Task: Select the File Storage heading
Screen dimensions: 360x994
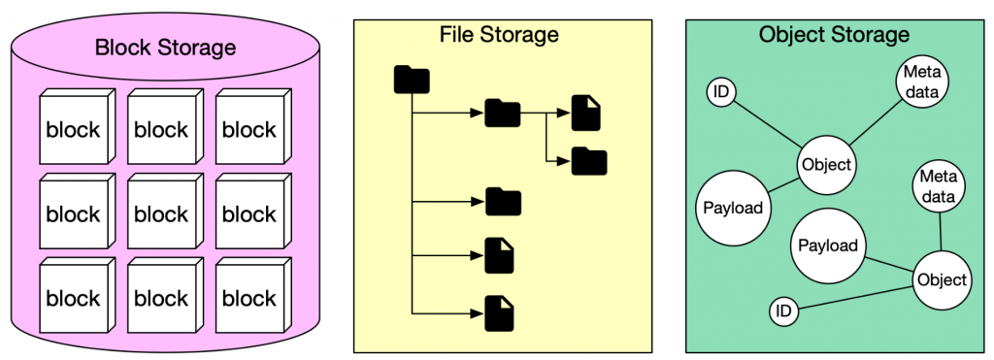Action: pos(499,35)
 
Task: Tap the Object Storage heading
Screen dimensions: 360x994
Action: pos(833,35)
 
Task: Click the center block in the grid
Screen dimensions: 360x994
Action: pos(160,213)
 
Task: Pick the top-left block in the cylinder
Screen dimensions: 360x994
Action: pos(73,129)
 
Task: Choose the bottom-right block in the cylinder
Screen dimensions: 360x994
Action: pos(248,298)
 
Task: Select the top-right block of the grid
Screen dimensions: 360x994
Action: pos(248,129)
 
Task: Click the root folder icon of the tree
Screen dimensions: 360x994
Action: pos(412,80)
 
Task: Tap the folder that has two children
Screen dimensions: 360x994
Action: pos(502,114)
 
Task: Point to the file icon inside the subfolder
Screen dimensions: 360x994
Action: pos(585,114)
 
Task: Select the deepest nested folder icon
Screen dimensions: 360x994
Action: pos(588,160)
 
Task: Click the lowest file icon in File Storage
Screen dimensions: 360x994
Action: pos(499,312)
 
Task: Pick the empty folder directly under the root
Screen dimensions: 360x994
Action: pos(503,202)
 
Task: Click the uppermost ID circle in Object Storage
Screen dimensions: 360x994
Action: pos(720,92)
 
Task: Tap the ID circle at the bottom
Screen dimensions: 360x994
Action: pos(784,311)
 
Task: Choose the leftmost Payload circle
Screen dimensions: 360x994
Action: pos(730,207)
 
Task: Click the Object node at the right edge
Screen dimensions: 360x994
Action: pos(941,280)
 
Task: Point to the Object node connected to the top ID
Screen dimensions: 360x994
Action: pos(827,164)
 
